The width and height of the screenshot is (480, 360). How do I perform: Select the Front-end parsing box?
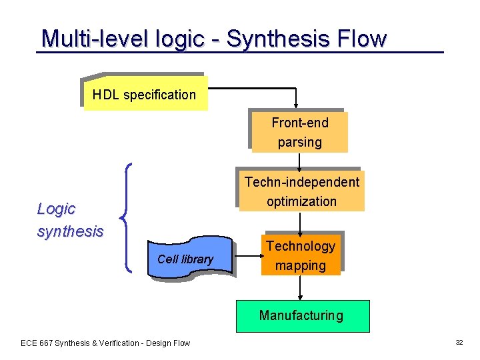(299, 132)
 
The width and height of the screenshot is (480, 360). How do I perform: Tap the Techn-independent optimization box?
(301, 191)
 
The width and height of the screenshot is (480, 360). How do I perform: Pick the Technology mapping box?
(301, 255)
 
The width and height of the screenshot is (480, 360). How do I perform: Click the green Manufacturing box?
(302, 316)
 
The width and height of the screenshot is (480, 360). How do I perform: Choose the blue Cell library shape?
(187, 259)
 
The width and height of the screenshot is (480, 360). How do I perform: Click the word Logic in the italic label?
(56, 209)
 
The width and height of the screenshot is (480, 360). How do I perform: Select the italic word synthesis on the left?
(70, 231)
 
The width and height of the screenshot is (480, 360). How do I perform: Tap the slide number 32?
(459, 343)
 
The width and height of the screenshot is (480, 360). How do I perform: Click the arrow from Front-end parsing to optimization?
(299, 161)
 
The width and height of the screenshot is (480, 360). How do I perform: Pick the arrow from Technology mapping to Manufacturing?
(301, 287)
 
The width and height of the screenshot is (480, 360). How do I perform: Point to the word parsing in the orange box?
(300, 142)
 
